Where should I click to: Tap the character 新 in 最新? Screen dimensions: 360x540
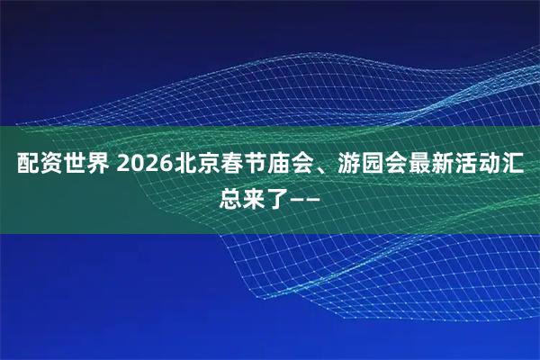point(438,166)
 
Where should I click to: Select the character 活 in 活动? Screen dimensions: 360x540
point(462,166)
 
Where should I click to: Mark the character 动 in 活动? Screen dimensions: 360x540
point(485,166)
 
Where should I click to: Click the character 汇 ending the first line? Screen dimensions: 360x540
point(508,166)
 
